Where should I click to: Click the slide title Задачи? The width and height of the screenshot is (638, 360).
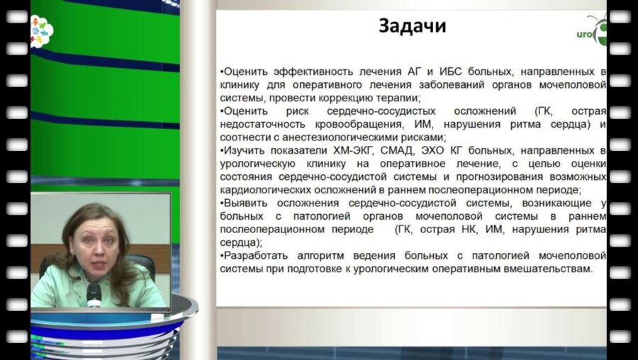412,27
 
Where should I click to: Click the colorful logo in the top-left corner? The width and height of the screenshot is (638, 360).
41,30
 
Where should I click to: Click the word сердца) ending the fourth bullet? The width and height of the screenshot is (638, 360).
237,242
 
